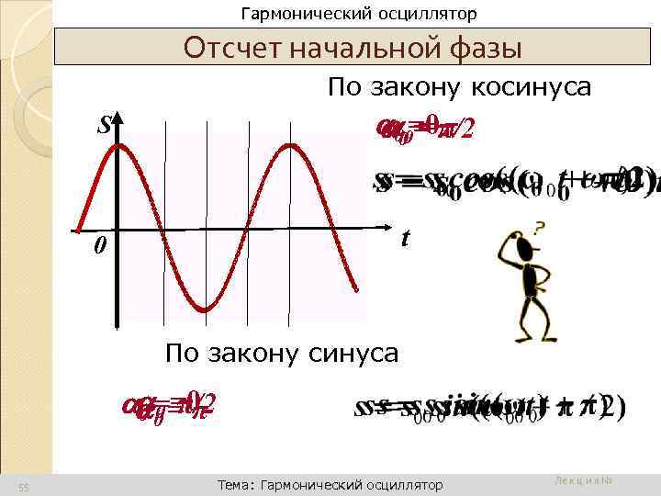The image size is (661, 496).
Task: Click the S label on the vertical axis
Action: [x=104, y=125]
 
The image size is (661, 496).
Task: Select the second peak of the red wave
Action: [x=291, y=146]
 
